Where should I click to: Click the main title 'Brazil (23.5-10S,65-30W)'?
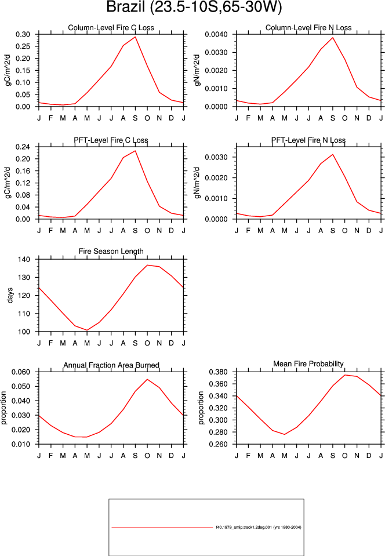point(194,7)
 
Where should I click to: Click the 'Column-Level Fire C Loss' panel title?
point(111,28)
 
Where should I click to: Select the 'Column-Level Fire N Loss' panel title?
point(308,28)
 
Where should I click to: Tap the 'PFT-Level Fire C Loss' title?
point(111,140)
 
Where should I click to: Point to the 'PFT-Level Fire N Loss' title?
point(308,140)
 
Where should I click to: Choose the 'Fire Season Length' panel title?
point(111,252)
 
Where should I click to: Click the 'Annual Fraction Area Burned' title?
point(111,365)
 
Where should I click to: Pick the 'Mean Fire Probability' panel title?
point(308,364)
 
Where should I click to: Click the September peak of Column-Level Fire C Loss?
point(135,37)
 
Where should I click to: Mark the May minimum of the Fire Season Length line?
point(87,330)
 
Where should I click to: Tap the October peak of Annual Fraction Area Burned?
point(147,379)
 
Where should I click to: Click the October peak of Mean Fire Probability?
point(344,375)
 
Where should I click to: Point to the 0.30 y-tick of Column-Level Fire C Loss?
point(23,34)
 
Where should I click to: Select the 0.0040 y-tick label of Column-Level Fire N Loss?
point(216,34)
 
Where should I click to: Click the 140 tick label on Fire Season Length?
point(24,259)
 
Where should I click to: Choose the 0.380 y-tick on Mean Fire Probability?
point(218,372)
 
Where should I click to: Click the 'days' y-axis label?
point(10,295)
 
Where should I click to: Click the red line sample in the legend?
point(162,527)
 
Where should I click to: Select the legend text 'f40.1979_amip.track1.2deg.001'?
point(244,527)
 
